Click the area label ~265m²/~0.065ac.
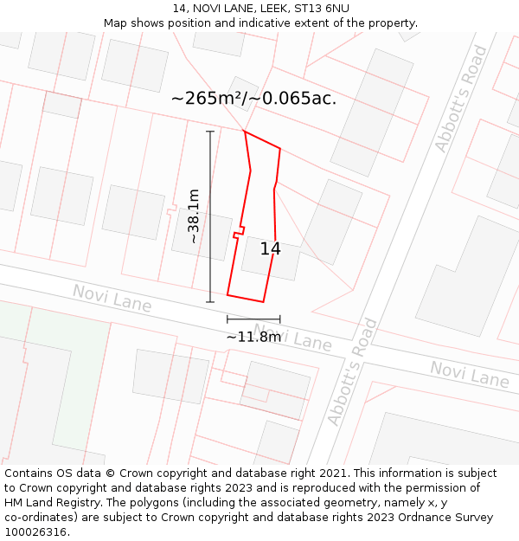click(x=253, y=98)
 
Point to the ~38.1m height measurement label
click(x=194, y=216)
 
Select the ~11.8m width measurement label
click(x=253, y=336)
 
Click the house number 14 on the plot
click(x=270, y=249)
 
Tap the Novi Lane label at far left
click(x=112, y=299)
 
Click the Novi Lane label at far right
click(x=470, y=374)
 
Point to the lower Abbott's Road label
click(x=353, y=372)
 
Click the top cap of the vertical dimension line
click(x=210, y=132)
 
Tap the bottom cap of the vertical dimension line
click(x=210, y=302)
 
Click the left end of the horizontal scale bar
click(x=227, y=319)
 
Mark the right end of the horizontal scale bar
click(x=279, y=319)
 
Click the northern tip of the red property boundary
click(x=245, y=132)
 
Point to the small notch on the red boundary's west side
click(x=237, y=232)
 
